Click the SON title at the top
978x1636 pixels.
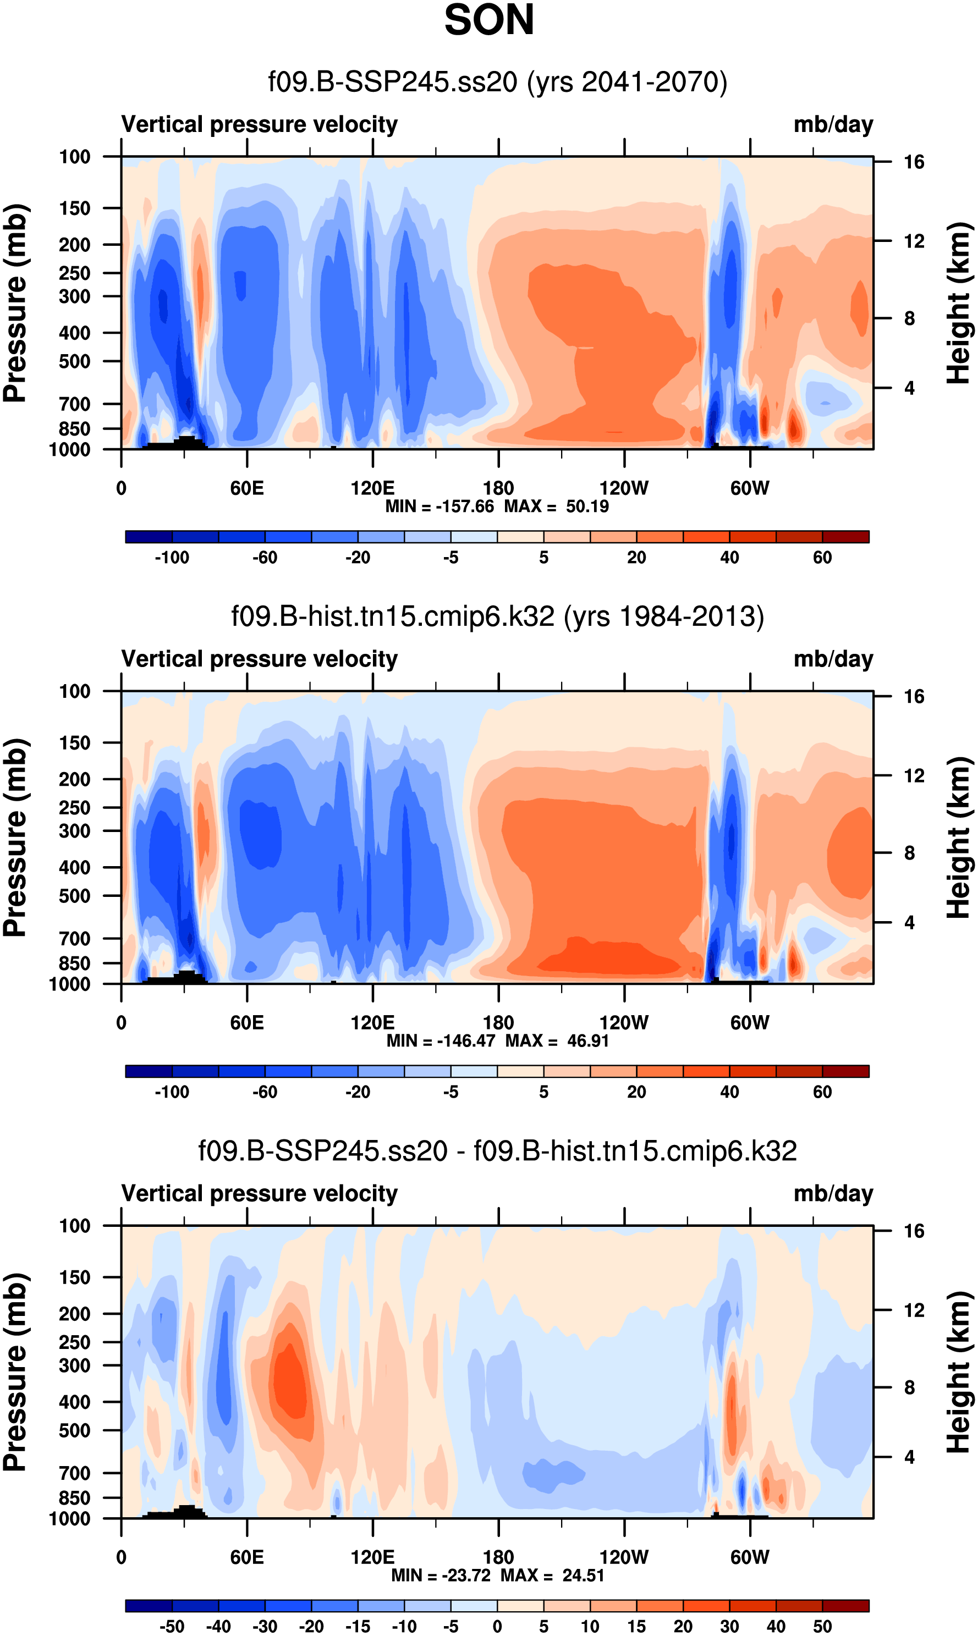pyautogui.click(x=489, y=20)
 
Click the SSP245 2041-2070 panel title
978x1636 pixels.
pyautogui.click(x=498, y=82)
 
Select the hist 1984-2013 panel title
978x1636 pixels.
pyautogui.click(x=498, y=616)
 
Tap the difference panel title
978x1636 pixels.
pyautogui.click(x=498, y=1151)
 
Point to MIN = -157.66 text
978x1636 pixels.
pyautogui.click(x=439, y=506)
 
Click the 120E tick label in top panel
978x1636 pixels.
pyautogui.click(x=372, y=488)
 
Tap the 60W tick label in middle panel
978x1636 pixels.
pyautogui.click(x=749, y=1023)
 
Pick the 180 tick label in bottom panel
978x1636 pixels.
pyautogui.click(x=498, y=1557)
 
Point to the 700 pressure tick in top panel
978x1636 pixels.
pyautogui.click(x=74, y=404)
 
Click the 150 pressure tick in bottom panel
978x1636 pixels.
pyautogui.click(x=74, y=1277)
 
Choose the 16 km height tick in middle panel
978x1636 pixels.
pyautogui.click(x=914, y=696)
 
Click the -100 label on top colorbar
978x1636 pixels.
pyautogui.click(x=172, y=558)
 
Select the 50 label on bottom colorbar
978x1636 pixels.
pyautogui.click(x=822, y=1626)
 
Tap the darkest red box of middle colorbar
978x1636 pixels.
pyautogui.click(x=845, y=1071)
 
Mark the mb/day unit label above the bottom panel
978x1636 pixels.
pyautogui.click(x=833, y=1194)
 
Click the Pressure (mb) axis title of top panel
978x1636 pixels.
pyautogui.click(x=14, y=303)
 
